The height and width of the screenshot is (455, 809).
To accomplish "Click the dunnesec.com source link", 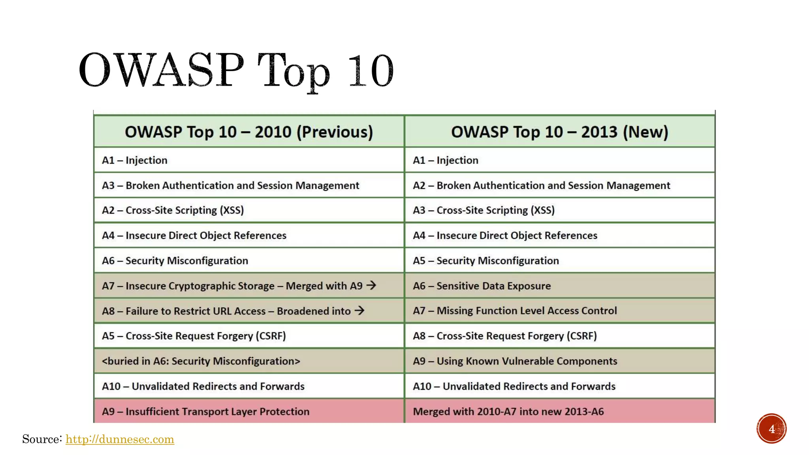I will [120, 439].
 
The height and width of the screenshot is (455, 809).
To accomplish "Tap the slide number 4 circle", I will [771, 429].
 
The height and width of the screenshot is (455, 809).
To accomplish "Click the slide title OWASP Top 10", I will [236, 70].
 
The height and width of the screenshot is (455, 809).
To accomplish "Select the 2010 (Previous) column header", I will [249, 132].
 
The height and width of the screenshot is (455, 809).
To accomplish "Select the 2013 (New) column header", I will [559, 132].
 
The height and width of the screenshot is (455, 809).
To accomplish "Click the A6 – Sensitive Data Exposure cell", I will [482, 286].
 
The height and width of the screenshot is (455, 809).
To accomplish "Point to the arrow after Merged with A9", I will [371, 285].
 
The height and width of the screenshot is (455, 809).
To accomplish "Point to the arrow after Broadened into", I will [359, 310].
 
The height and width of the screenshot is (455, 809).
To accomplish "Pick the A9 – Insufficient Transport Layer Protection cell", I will [205, 412].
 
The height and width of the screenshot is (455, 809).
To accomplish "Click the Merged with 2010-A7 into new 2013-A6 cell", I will [508, 412].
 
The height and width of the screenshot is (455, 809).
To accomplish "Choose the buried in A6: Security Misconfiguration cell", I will [201, 361].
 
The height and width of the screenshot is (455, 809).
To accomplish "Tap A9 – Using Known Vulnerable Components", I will [515, 361].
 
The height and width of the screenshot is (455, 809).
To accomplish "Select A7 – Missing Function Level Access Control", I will [514, 311].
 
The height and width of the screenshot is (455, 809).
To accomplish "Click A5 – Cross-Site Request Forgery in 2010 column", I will [194, 336].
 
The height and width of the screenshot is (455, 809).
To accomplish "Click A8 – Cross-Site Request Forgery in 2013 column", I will [504, 336].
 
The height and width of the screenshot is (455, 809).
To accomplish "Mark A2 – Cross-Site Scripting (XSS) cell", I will [173, 210].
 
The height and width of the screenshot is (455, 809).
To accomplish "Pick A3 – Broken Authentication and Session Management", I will [230, 185].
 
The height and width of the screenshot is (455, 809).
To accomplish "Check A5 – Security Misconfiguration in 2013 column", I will [485, 261].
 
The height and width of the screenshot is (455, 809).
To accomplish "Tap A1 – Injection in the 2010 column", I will [134, 160].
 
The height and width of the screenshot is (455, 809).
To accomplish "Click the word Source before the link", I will [42, 439].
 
